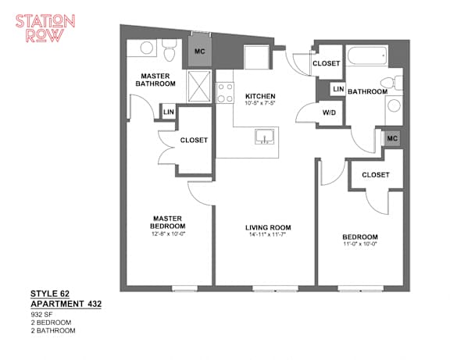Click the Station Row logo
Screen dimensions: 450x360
45,28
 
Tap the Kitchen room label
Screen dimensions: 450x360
260,96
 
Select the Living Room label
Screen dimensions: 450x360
268,227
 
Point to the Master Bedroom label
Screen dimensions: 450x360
167,223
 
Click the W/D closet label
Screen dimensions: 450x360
329,112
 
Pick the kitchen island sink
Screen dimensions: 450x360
265,136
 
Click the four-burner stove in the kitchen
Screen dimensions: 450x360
225,92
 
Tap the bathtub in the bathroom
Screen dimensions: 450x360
367,56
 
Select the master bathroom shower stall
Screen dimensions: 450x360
199,86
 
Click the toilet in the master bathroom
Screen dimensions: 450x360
169,50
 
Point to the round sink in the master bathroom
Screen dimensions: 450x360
147,48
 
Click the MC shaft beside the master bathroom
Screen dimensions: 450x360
200,51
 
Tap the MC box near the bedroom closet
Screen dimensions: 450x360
392,138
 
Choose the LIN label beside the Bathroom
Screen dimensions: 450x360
338,89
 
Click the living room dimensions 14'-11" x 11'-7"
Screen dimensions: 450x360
268,234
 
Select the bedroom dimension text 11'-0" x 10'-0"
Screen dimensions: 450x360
360,244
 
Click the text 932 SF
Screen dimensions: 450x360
41,314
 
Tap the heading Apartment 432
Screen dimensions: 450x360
66,304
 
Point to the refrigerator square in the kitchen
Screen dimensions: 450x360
256,57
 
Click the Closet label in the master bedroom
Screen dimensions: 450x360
194,140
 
